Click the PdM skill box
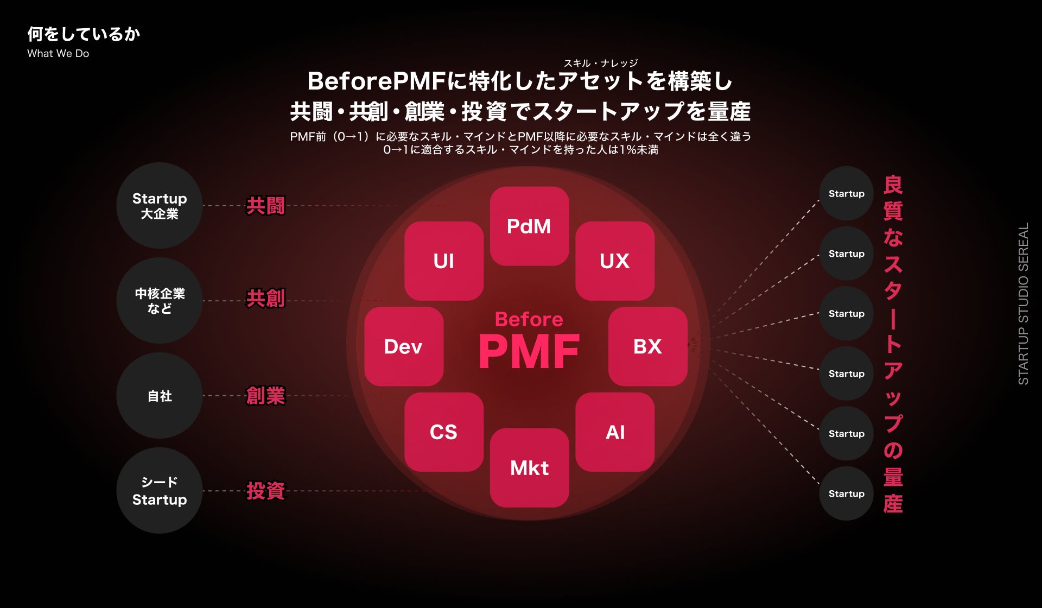[529, 226]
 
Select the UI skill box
[444, 261]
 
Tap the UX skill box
[615, 261]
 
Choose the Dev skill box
[404, 346]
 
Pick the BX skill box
[647, 346]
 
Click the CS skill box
[444, 432]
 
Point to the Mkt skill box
[529, 468]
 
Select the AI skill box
[615, 432]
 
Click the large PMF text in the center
[529, 352]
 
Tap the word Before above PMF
[529, 319]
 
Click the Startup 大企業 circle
[160, 206]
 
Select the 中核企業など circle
[160, 301]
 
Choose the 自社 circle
[160, 396]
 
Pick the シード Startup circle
[160, 491]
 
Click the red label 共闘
[265, 206]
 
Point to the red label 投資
[265, 491]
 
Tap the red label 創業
[265, 396]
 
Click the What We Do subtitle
[58, 54]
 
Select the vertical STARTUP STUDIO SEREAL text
[1023, 304]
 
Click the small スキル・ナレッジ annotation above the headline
[601, 63]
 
